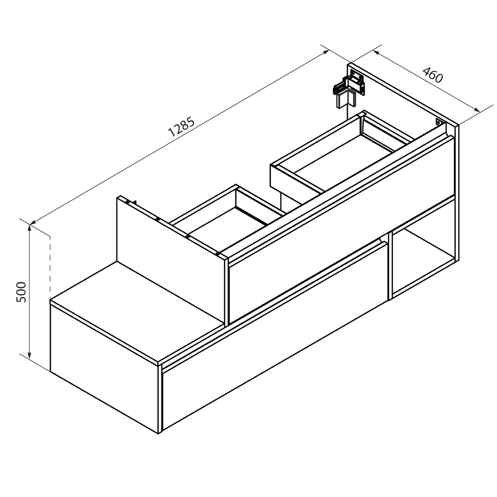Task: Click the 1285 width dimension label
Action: coord(181,127)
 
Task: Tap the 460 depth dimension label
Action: coord(433,75)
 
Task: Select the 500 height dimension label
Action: coord(21,292)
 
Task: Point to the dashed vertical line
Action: coord(50,267)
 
